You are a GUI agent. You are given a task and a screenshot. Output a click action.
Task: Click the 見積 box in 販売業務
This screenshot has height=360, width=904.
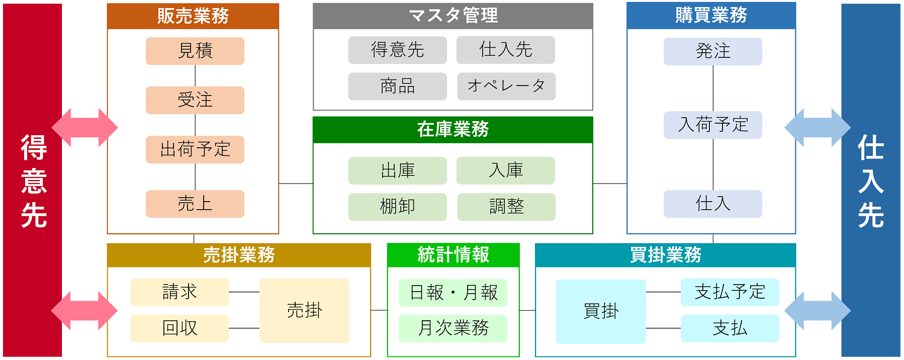pos(195,51)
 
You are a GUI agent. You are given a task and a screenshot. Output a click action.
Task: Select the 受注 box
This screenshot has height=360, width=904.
pos(195,100)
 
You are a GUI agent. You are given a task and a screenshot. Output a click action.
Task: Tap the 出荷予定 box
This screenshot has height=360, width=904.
pos(195,149)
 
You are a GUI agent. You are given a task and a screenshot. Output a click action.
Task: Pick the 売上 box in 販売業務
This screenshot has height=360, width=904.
pos(195,204)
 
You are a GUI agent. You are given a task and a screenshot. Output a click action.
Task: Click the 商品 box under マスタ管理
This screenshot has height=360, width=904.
pos(397,86)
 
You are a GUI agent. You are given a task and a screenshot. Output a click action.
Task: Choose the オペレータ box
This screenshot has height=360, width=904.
pos(506,86)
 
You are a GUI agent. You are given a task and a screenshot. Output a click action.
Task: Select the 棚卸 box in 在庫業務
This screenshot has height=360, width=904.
pos(397,207)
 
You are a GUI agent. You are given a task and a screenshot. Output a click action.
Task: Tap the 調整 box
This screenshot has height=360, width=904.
pos(506,207)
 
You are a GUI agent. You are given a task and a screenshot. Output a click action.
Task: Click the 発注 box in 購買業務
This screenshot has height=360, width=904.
pos(712,51)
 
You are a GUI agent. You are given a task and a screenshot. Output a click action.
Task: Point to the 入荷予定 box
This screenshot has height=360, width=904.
pos(712,125)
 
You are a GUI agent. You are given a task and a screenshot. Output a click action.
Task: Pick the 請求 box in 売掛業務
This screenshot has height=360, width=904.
pos(179,292)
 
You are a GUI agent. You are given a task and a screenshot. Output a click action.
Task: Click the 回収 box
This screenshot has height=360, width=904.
pos(179,328)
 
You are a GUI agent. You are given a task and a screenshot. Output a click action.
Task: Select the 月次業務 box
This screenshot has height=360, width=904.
pos(453,328)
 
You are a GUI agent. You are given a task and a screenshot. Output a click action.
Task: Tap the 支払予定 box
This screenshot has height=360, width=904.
pos(730,292)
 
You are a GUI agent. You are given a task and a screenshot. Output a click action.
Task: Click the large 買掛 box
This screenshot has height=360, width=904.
pos(601,311)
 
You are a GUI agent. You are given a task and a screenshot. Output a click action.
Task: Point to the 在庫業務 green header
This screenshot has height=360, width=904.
pos(453,130)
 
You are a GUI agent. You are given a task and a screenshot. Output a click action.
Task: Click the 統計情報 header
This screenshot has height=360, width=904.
pos(453,255)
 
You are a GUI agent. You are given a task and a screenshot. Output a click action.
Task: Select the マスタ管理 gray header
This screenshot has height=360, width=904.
pos(453,16)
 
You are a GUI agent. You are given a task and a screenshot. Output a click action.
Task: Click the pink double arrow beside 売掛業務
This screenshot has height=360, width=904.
pos(84,311)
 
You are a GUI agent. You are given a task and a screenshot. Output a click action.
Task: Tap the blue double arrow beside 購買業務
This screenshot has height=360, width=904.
pos(818,128)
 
